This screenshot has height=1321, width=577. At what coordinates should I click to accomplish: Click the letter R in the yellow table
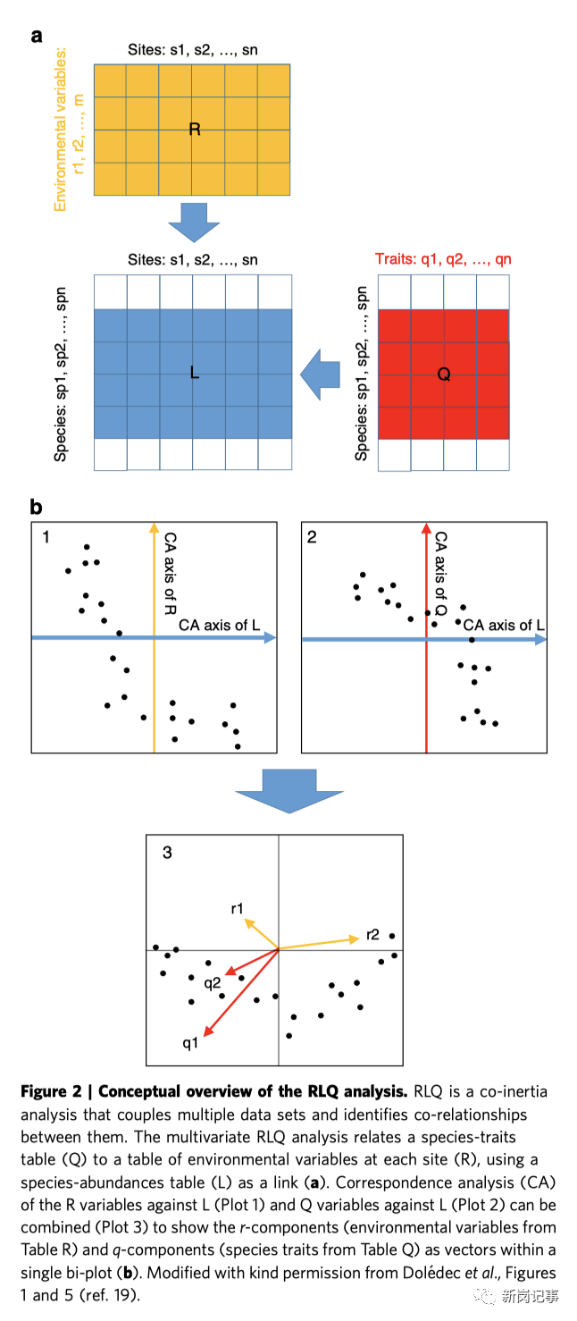(195, 130)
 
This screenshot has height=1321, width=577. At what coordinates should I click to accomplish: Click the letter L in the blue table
(194, 373)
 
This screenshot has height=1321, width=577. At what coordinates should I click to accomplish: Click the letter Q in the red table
(443, 374)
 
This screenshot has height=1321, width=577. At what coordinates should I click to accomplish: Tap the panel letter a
(37, 37)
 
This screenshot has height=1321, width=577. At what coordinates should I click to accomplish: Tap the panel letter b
(37, 508)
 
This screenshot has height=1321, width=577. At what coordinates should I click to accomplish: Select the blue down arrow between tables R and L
(194, 221)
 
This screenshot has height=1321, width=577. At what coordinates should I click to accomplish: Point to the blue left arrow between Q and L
(321, 374)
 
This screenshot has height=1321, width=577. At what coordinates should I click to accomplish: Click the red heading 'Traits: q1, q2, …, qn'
(443, 260)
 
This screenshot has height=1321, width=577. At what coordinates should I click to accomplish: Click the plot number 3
(167, 852)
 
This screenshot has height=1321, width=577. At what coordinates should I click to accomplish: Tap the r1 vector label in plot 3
(237, 908)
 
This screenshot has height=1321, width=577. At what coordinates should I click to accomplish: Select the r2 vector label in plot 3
(372, 934)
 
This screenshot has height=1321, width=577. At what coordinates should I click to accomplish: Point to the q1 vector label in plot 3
(189, 1043)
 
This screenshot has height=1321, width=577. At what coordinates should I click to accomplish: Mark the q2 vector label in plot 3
(212, 983)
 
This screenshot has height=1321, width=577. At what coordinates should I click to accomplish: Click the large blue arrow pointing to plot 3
(276, 789)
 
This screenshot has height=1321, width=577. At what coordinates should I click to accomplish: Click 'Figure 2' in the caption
(55, 1091)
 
